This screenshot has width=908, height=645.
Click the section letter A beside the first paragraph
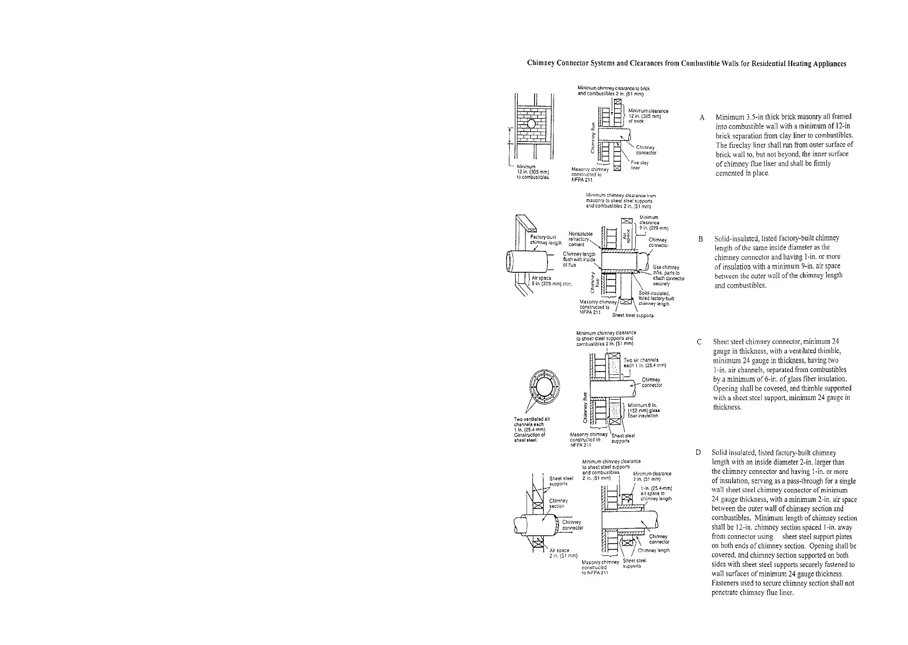pos(702,118)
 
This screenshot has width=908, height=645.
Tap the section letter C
pos(700,342)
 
